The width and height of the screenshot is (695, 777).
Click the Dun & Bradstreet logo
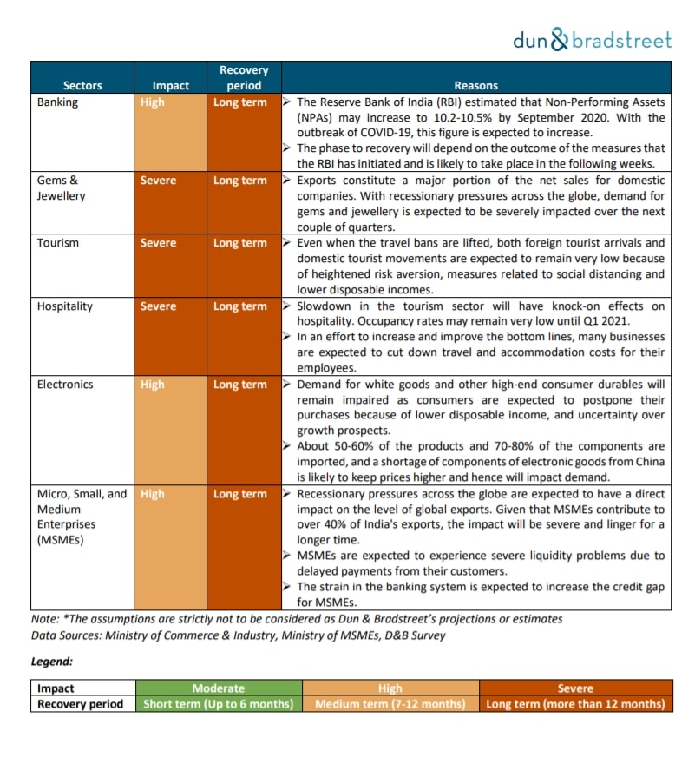592,39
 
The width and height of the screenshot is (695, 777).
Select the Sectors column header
82,85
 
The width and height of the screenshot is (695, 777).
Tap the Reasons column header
475,85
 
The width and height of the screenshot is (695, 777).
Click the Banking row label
57,102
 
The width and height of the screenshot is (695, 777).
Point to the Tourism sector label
58,243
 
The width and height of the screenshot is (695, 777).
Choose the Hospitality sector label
63,306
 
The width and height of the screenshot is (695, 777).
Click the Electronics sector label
64,385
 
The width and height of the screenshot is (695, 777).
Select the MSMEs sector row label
82,517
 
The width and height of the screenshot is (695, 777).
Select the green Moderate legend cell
218,688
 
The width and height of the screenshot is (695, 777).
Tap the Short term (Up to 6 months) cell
218,704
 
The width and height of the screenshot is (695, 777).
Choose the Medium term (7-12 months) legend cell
389,704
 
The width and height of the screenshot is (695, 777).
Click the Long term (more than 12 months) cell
575,704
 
